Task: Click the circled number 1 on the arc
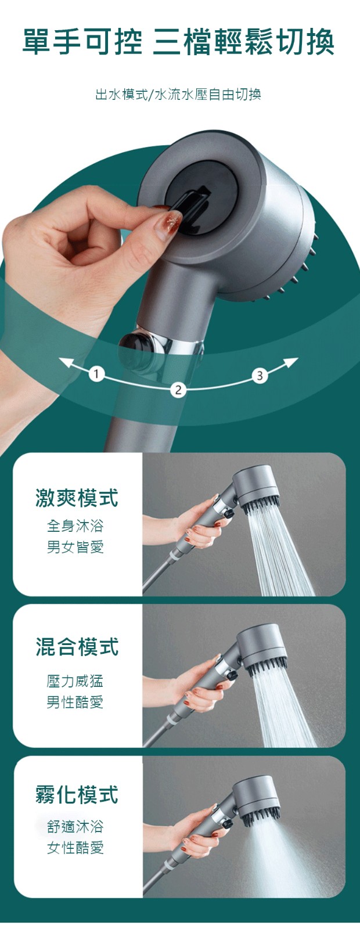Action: click(x=96, y=374)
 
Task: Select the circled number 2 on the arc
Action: click(x=178, y=390)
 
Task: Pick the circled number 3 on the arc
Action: click(x=260, y=376)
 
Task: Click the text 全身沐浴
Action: click(x=75, y=527)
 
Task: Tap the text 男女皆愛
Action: click(x=75, y=548)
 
